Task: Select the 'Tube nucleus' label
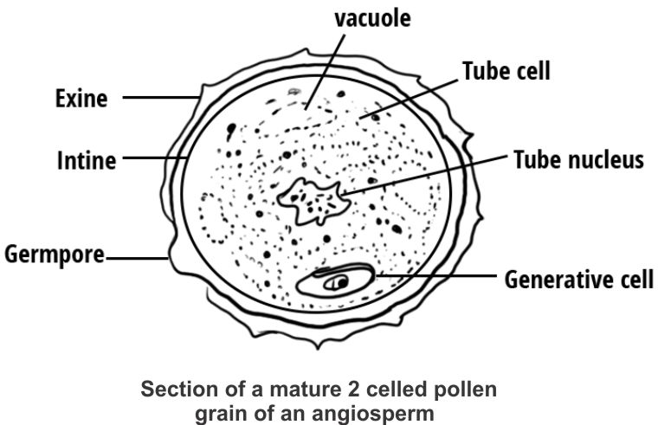point(578,160)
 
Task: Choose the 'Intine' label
point(86,160)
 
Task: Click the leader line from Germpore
point(137,257)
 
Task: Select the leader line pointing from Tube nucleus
point(424,177)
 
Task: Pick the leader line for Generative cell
point(433,277)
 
